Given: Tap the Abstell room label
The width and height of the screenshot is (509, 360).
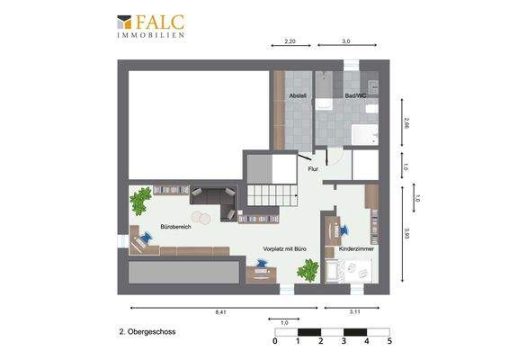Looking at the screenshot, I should tap(298, 95).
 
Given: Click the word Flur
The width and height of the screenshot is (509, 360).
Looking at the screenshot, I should tap(314, 169).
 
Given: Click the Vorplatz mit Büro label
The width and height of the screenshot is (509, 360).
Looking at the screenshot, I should tap(284, 247).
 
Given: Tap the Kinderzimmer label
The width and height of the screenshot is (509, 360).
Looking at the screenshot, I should tap(356, 247).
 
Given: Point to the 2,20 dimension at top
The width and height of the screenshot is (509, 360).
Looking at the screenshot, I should tap(290, 41).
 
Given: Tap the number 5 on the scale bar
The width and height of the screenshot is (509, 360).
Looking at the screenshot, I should tap(388, 342).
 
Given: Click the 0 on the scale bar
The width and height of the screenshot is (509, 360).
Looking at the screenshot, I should tap(275, 342).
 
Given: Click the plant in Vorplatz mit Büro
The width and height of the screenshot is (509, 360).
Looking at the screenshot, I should tap(308, 269).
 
